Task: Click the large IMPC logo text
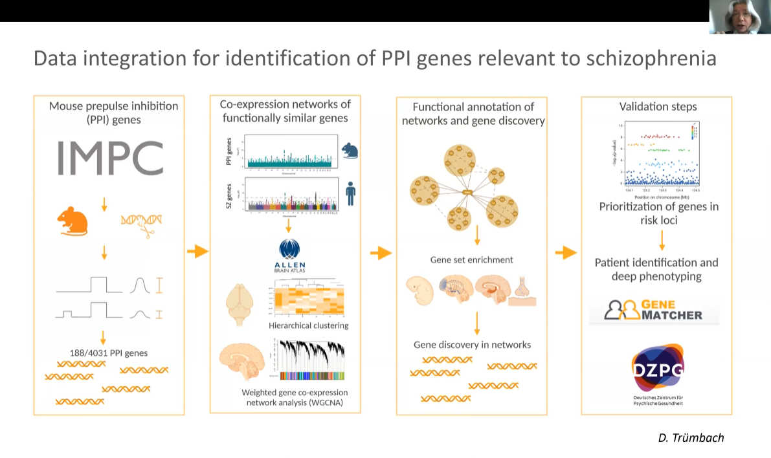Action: [110, 158]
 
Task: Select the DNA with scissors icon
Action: [141, 223]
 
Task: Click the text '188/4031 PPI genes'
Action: [108, 353]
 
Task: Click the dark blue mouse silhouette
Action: [350, 151]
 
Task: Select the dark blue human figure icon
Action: [350, 192]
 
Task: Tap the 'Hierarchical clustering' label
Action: [309, 325]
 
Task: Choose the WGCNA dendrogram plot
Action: [311, 359]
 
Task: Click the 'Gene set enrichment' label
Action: [471, 260]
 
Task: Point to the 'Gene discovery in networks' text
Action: [472, 345]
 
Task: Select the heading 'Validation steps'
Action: [658, 107]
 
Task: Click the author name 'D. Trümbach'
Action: [691, 438]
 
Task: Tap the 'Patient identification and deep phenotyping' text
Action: [656, 269]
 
